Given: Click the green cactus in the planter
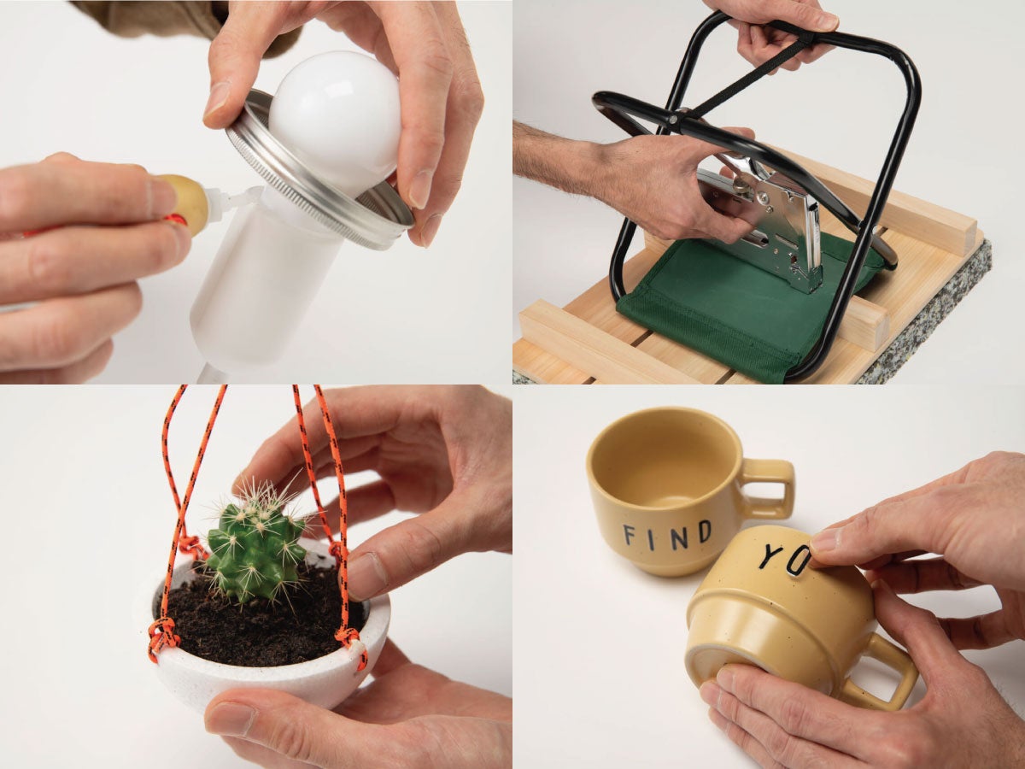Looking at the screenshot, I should (256, 547).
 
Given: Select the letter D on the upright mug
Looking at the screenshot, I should (705, 532).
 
